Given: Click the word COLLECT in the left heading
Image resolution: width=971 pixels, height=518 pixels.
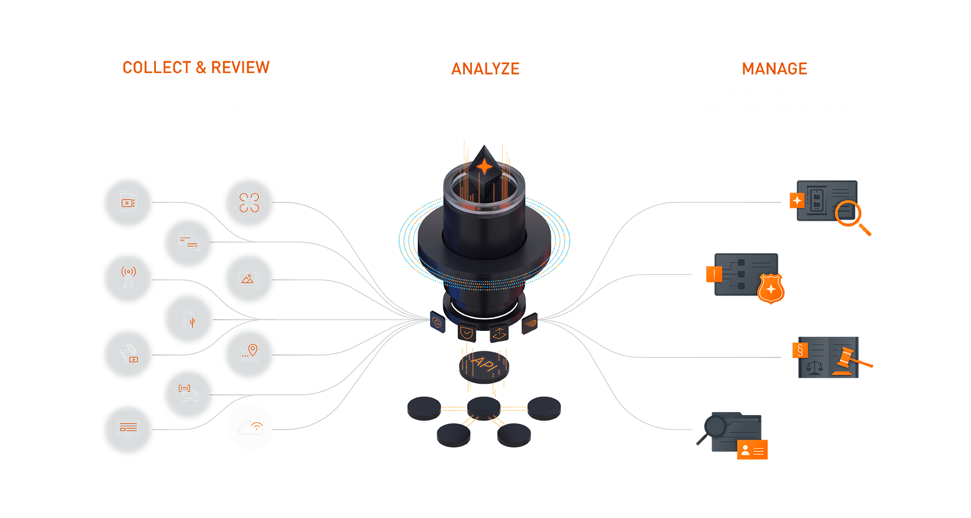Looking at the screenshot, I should (157, 68).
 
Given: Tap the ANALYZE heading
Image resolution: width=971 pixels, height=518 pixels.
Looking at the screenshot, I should (485, 69).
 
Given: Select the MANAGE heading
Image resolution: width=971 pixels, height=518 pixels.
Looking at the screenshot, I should (774, 69).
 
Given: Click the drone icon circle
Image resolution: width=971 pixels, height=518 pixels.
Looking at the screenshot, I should (249, 202).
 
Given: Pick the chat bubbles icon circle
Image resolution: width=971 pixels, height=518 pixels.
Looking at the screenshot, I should (188, 243).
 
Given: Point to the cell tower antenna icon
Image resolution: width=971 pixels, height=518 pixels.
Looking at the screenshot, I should (128, 278).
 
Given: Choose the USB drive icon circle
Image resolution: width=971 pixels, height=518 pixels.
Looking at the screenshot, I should (188, 318).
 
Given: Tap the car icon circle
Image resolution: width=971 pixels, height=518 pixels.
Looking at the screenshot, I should (188, 393).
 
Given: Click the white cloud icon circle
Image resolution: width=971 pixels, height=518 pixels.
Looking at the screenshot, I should (250, 428).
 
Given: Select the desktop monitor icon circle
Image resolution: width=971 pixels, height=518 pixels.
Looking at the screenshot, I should (128, 430).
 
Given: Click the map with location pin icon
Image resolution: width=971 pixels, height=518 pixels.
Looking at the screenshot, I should (249, 354).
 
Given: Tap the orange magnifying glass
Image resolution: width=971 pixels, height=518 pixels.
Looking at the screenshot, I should (850, 215).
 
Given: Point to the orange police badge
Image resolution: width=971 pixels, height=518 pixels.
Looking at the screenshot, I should (771, 289).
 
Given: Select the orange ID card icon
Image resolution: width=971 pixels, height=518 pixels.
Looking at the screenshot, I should (752, 450).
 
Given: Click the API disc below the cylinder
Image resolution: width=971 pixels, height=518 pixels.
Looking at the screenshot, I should (484, 365).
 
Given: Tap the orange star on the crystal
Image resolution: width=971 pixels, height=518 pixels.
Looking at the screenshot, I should (484, 167).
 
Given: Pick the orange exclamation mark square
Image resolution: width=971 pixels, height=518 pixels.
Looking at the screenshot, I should (714, 274).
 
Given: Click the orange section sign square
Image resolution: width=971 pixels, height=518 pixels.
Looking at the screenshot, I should (800, 350).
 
